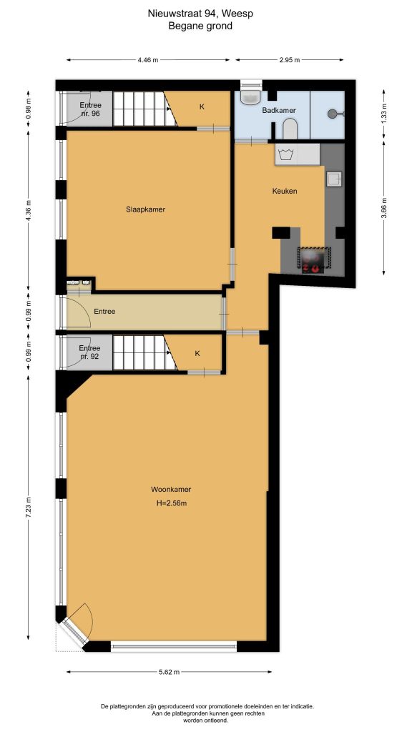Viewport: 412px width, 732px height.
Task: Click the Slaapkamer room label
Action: tap(145, 209)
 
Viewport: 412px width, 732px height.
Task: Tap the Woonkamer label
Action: tap(170, 490)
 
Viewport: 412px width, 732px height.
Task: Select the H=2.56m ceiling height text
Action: tap(172, 503)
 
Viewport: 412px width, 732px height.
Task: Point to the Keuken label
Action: tap(285, 191)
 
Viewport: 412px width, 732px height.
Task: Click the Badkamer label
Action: tap(279, 111)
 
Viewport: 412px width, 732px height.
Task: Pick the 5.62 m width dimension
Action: tap(169, 672)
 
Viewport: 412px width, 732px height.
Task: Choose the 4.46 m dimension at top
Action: tap(147, 60)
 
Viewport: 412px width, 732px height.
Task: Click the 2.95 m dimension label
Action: tap(290, 60)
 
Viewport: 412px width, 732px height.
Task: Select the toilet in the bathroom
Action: tap(290, 129)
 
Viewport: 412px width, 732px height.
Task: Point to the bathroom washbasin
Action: tap(251, 97)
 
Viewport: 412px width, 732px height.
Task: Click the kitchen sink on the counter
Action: tap(333, 179)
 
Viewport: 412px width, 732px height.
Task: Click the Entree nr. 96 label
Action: tap(89, 109)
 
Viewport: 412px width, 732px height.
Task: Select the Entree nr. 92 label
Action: tap(89, 352)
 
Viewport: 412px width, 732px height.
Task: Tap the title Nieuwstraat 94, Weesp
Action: tap(200, 14)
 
